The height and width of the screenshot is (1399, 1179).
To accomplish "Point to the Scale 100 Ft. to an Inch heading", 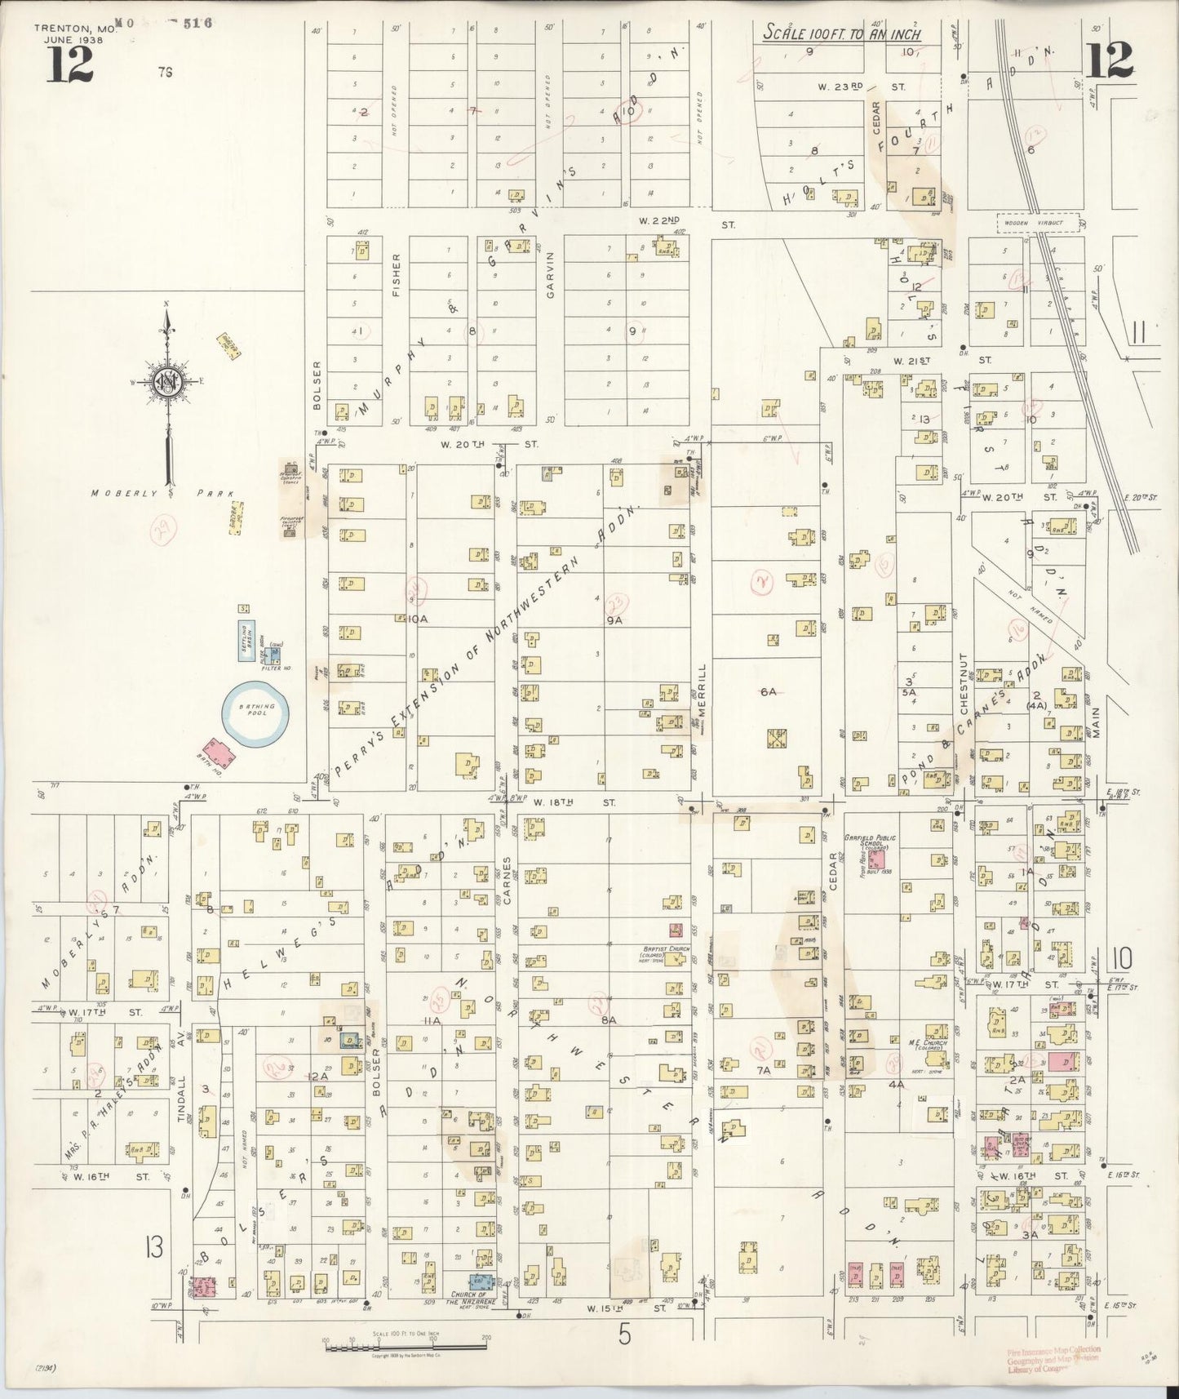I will [x=842, y=34].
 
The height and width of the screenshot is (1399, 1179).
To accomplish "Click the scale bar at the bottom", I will [x=406, y=1347].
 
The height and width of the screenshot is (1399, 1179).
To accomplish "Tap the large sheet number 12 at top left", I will [x=69, y=64].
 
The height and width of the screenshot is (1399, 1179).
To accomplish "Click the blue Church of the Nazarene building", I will [x=481, y=1283].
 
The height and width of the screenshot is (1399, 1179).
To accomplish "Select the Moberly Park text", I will [x=162, y=493].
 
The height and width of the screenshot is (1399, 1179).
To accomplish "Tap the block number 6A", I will [x=768, y=691].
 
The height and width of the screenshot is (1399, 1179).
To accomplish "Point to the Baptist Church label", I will [x=667, y=950].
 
